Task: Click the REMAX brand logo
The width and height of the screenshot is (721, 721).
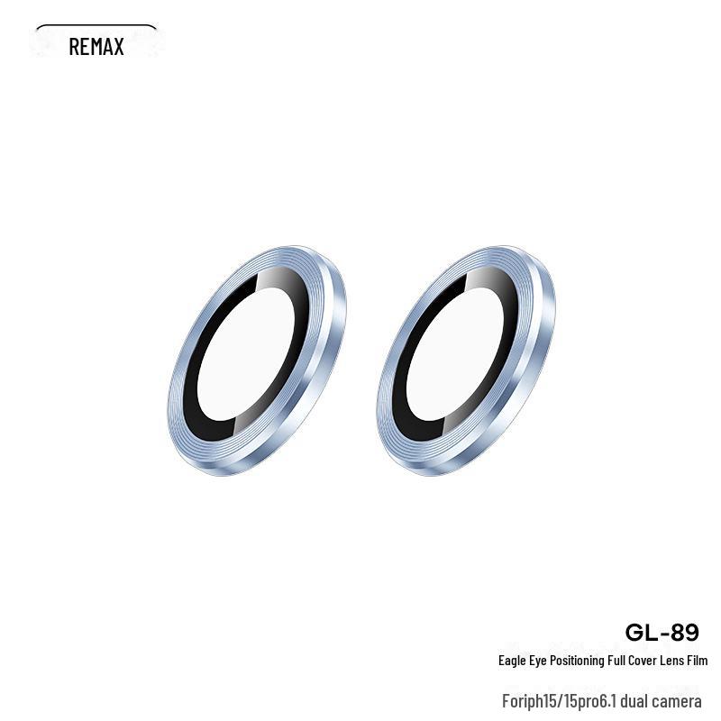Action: tap(96, 47)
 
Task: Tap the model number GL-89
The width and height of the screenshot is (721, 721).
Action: tap(662, 633)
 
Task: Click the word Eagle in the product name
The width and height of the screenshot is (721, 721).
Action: tap(512, 661)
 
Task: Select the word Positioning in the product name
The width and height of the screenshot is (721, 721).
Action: tap(577, 661)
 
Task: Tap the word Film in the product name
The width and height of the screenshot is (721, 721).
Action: tap(697, 661)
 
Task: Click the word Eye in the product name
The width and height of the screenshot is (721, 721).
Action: tap(537, 661)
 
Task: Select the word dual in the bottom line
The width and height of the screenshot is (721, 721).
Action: tap(634, 701)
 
